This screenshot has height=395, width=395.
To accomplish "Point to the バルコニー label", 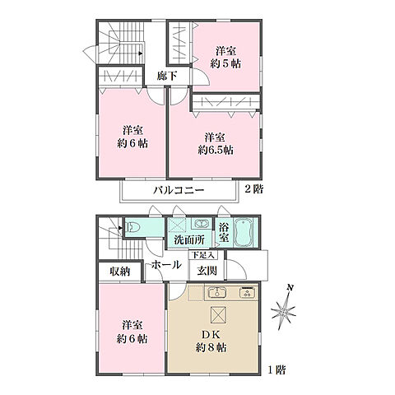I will coord(177,191).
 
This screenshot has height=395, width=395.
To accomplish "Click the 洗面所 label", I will coord(189,241).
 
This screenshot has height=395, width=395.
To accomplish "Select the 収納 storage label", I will coord(118,271).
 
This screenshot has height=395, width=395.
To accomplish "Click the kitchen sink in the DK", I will coord(215,292).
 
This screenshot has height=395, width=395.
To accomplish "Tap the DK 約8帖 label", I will coord(213,340).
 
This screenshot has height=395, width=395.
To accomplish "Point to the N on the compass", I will coord(289,287).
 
